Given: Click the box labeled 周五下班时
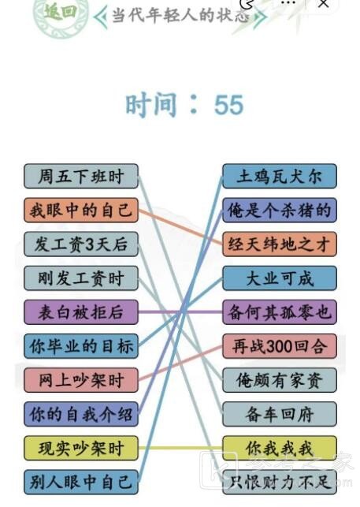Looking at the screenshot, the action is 81,176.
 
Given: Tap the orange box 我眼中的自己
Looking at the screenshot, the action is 81,211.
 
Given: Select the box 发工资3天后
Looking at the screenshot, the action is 81,244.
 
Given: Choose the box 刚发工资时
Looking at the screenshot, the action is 81,278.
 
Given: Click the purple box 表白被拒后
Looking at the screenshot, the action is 81,312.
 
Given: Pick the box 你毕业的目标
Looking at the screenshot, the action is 81,346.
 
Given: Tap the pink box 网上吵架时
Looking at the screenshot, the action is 81,380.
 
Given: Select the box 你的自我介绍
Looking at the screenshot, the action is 81,414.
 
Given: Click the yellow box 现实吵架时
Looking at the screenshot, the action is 81,448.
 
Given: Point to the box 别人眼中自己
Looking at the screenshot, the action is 81,482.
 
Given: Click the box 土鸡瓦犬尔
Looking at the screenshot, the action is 280,176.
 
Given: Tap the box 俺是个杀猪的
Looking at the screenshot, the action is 280,211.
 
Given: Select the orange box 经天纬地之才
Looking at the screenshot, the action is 280,244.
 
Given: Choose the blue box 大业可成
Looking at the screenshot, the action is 280,278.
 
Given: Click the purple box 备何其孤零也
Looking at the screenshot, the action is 280,312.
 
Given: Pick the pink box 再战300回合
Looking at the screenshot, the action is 280,346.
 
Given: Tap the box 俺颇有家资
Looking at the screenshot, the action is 280,380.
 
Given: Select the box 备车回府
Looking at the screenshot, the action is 280,414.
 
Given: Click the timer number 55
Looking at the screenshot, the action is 228,105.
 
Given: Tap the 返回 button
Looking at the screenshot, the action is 61,13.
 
